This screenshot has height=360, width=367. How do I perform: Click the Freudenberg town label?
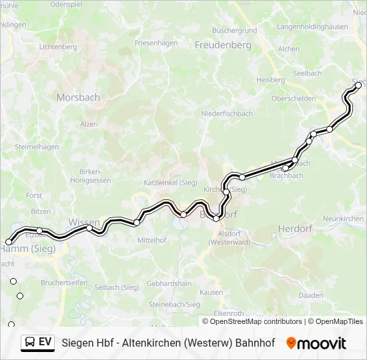(x=223, y=45)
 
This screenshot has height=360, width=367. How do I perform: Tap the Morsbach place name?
(x=78, y=97)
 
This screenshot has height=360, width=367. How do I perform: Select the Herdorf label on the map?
(x=294, y=229)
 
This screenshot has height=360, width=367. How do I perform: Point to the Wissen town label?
(x=84, y=222)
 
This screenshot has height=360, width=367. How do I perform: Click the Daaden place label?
(x=311, y=295)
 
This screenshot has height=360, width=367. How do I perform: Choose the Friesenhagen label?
(x=156, y=43)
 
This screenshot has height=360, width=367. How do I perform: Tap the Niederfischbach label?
(x=227, y=113)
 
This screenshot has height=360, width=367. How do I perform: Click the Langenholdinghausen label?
(x=312, y=27)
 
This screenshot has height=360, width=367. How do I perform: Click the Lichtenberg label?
(x=59, y=47)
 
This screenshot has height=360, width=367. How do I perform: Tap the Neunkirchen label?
(x=343, y=219)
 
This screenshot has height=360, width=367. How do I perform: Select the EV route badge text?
(x=45, y=342)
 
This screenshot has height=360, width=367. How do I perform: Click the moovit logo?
(x=316, y=343)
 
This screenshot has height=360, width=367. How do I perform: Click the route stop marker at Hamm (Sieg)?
(x=9, y=242)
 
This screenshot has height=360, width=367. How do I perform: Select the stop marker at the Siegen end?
(x=358, y=85)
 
